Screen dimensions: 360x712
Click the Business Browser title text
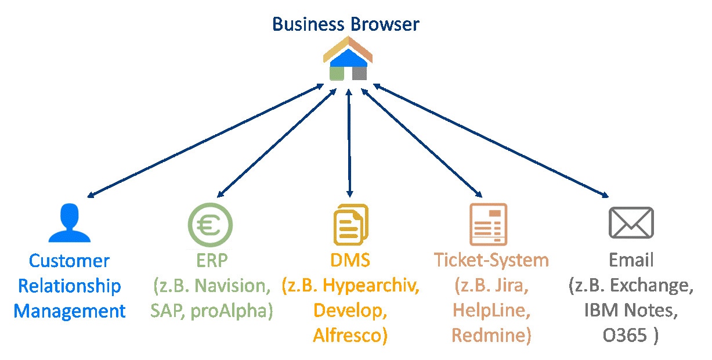pos(345,24)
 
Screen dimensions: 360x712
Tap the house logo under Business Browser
pos(348,58)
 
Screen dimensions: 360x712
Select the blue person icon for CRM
pos(70,223)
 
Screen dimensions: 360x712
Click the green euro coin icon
pos(210,224)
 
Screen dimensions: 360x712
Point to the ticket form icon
pos(488,225)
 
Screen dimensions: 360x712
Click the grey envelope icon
pos(631,222)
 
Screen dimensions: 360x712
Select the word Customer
pos(69,261)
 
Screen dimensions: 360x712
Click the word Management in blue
pos(70,311)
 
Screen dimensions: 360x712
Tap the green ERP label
pos(210,260)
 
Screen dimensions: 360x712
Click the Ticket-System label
pos(491,260)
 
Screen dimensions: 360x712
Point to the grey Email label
pos(631,260)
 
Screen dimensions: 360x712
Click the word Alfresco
pos(350,336)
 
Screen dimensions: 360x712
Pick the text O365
pos(626,336)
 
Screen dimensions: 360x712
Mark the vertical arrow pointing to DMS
pos(349,142)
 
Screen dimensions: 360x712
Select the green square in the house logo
pos(337,74)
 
